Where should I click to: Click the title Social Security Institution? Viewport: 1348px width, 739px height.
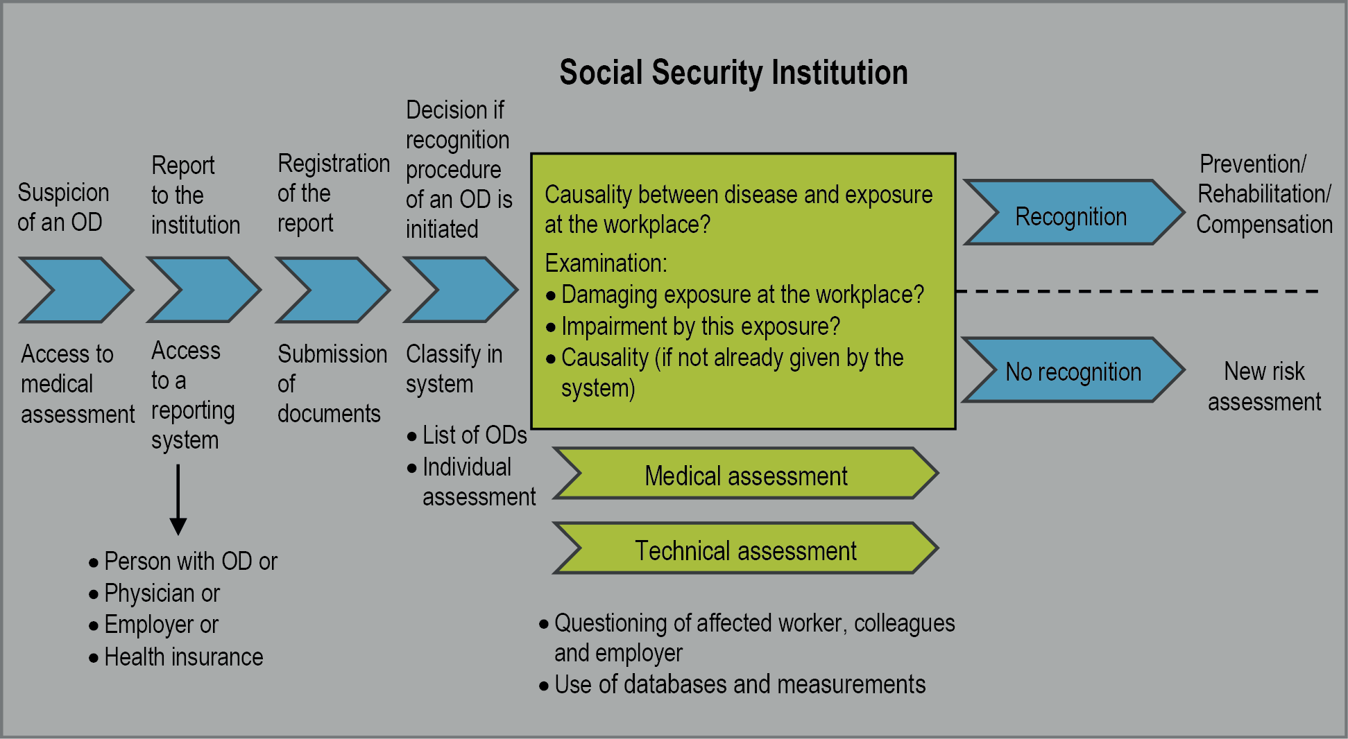733,73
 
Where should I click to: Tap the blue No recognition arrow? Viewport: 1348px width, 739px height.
1072,370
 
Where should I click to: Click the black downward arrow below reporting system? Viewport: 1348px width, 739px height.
178,499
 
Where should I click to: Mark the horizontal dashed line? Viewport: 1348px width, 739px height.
1138,291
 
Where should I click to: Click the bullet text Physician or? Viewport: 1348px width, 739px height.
162,593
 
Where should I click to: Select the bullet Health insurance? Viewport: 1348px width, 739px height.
183,657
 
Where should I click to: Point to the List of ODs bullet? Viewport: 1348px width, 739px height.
475,435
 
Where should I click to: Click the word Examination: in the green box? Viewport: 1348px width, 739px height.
606,263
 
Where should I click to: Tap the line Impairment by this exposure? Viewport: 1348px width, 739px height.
700,326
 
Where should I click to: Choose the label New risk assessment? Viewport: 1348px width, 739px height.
1264,386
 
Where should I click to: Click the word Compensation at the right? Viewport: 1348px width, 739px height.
1264,224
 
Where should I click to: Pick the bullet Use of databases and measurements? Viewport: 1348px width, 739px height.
740,684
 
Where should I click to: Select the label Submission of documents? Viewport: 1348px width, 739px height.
331,383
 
